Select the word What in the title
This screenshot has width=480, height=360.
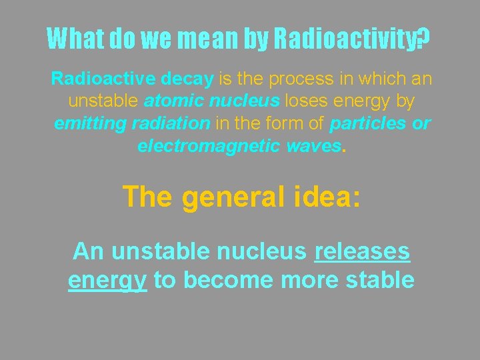click(x=75, y=39)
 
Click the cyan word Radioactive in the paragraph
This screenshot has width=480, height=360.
click(x=103, y=79)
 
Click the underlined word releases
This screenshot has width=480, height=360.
click(x=362, y=251)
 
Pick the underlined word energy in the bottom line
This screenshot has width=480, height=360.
click(x=107, y=280)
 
